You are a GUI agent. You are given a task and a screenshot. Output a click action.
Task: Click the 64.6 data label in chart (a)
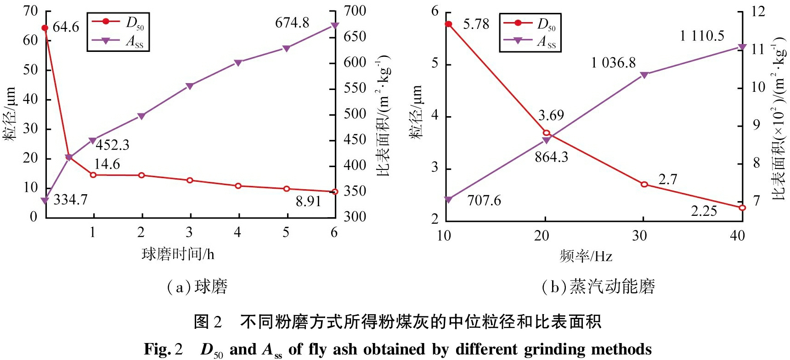(66, 28)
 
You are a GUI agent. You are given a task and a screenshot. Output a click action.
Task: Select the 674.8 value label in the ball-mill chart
(292, 23)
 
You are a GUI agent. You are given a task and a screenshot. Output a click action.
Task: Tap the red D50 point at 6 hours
(334, 191)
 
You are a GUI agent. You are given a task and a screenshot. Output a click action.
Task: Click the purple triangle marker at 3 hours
(190, 86)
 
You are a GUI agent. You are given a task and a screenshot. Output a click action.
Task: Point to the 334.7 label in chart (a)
(70, 200)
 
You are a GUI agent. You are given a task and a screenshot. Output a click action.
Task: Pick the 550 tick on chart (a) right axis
(355, 88)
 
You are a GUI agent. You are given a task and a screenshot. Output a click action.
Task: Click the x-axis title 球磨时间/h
(178, 254)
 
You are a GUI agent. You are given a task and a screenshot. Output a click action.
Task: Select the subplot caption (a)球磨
(197, 287)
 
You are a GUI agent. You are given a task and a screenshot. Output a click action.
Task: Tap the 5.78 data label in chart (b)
(476, 24)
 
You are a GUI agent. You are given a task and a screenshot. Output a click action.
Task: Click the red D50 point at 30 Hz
(644, 184)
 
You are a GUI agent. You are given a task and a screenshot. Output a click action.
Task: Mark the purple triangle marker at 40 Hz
(742, 47)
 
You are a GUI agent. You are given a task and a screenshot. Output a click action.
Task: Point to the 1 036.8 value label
(613, 63)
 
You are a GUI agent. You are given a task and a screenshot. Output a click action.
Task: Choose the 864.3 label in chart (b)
(551, 157)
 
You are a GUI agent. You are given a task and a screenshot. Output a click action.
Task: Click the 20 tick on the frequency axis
(542, 236)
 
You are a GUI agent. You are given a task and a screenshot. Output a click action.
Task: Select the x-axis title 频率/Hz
(586, 256)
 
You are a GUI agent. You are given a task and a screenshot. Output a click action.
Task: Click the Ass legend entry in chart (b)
(530, 42)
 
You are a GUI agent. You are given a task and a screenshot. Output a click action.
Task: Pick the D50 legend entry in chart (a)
(118, 22)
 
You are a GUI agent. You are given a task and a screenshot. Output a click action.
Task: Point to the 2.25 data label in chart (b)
(704, 211)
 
